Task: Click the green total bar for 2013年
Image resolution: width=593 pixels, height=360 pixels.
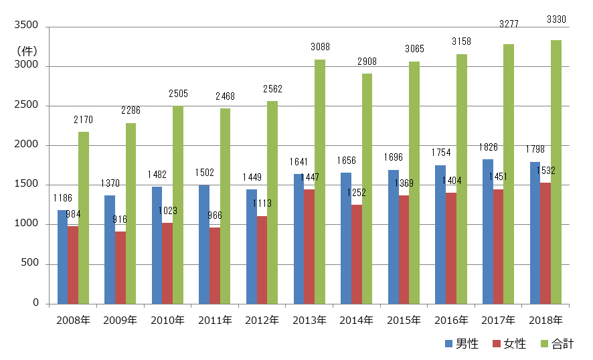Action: click(x=320, y=181)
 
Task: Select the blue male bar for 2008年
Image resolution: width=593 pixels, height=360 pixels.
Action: click(x=62, y=257)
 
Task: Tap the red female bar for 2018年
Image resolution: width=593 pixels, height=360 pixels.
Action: click(x=546, y=243)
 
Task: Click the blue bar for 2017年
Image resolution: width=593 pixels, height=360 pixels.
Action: click(x=489, y=232)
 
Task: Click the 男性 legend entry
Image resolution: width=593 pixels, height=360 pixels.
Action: click(x=461, y=344)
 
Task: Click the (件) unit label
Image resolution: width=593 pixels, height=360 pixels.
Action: click(x=27, y=50)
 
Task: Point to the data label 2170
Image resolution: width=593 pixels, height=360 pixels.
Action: click(x=84, y=120)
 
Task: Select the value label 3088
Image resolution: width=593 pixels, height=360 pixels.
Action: click(x=320, y=47)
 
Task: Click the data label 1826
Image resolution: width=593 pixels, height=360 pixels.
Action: click(x=489, y=147)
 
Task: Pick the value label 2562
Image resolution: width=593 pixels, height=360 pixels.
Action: click(x=272, y=89)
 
